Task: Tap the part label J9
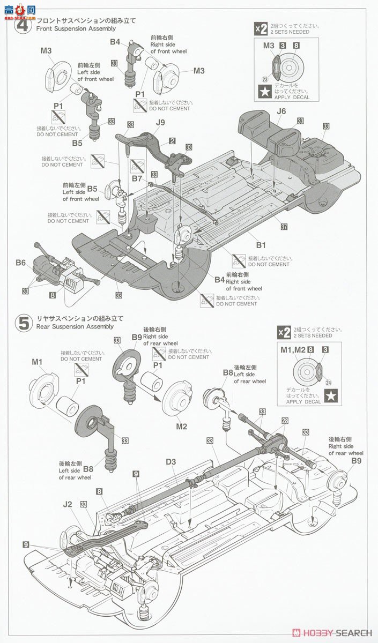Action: [x=160, y=122]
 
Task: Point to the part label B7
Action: [x=137, y=177]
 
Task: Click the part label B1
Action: [x=261, y=245]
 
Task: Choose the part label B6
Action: [x=20, y=262]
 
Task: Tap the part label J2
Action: [x=67, y=503]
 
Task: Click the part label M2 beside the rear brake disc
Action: [x=181, y=426]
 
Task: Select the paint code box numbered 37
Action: [x=284, y=227]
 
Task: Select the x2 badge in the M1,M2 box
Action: [x=284, y=332]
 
